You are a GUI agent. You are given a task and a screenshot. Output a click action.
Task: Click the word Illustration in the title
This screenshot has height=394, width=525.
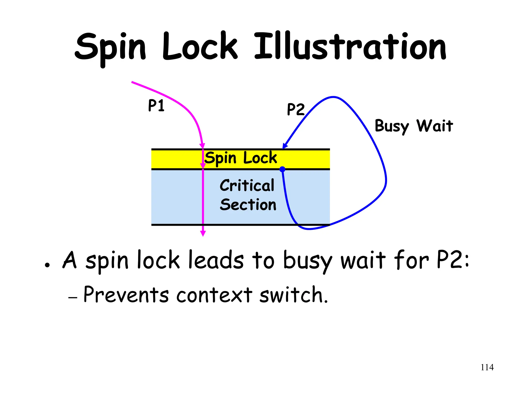pyautogui.click(x=350, y=47)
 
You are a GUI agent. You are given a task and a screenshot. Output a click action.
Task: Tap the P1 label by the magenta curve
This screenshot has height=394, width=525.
pyautogui.click(x=156, y=105)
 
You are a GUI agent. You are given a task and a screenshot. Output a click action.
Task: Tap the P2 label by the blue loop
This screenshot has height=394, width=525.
pyautogui.click(x=296, y=109)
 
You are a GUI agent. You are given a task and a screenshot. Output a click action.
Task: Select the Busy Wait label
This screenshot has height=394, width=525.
pyautogui.click(x=413, y=126)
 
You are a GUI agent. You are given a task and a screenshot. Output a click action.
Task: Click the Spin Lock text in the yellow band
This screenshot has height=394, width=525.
pyautogui.click(x=241, y=158)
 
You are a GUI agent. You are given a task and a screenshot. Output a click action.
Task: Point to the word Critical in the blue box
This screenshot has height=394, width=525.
pyautogui.click(x=247, y=185)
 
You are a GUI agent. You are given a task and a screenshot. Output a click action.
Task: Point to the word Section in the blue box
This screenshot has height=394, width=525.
pyautogui.click(x=248, y=205)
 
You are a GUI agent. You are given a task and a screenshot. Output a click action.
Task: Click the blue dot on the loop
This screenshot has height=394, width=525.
pyautogui.click(x=282, y=169)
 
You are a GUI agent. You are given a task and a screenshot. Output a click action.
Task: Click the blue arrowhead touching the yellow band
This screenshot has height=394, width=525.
pyautogui.click(x=285, y=146)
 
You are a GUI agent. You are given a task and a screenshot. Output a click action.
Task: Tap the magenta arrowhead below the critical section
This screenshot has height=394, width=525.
pyautogui.click(x=203, y=233)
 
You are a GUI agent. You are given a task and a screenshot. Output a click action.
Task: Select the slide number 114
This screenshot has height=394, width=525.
pyautogui.click(x=487, y=367)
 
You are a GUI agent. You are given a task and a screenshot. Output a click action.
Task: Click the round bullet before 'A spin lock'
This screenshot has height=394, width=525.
pyautogui.click(x=47, y=265)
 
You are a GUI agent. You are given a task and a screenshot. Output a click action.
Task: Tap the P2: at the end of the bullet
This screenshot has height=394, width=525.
pyautogui.click(x=453, y=260)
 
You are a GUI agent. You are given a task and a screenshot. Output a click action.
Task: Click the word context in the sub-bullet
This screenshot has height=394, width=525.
pyautogui.click(x=214, y=295)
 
